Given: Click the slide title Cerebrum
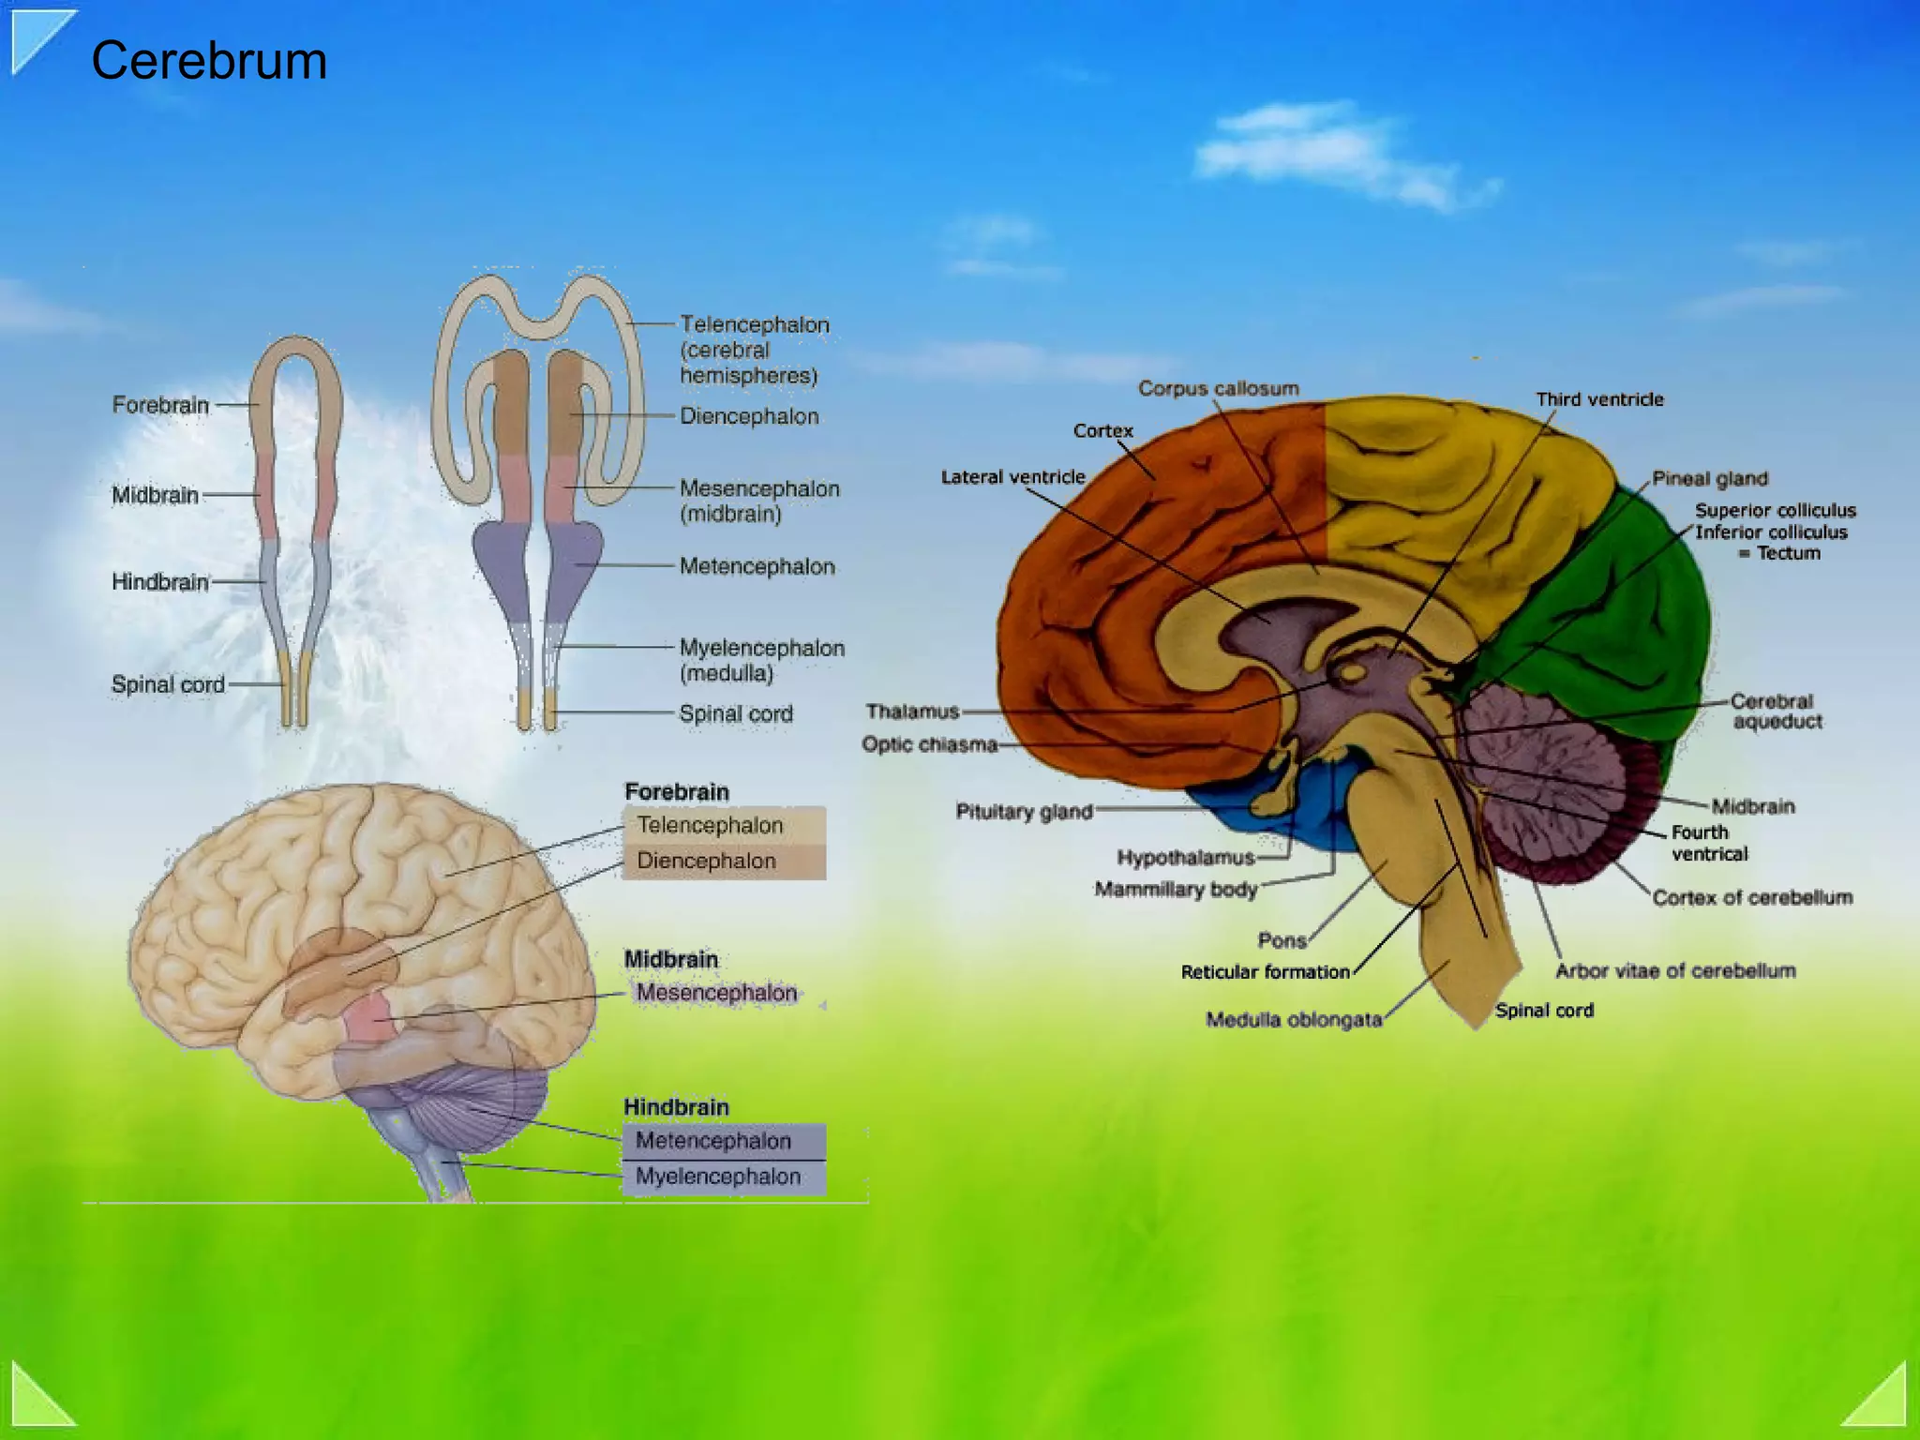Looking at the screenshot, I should click(209, 61).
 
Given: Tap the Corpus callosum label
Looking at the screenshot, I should click(1218, 388).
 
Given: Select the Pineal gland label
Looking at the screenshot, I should click(1709, 479).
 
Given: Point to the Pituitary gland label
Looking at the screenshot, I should click(1024, 812).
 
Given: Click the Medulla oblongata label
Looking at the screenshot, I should click(1294, 1020).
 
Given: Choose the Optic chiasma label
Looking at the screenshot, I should click(929, 744).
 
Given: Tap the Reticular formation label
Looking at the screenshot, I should click(1265, 972).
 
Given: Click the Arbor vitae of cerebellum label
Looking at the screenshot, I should click(1675, 971).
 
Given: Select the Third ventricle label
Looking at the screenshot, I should click(1599, 399).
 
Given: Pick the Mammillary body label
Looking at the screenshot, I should click(1176, 889).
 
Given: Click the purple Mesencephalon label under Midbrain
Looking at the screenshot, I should click(716, 993).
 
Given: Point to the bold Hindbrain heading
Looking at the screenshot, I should click(676, 1107).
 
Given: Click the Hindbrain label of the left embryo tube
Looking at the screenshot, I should click(160, 582).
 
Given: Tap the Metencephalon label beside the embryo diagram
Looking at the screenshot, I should click(757, 566).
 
